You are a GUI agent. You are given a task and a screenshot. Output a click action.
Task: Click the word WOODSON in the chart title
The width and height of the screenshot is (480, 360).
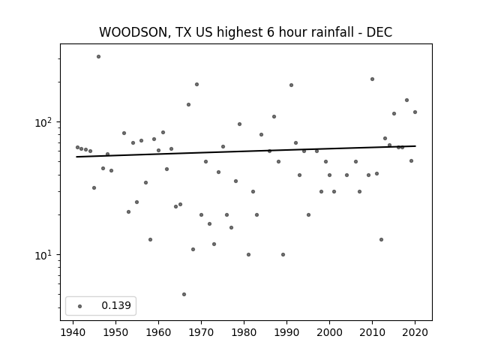point(133,32)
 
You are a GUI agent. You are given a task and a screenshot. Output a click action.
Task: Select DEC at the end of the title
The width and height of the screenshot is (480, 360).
point(379,32)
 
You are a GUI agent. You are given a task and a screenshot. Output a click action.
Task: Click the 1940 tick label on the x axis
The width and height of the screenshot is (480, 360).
point(73,332)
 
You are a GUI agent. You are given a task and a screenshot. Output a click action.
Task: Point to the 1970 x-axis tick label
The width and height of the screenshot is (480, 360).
point(201,332)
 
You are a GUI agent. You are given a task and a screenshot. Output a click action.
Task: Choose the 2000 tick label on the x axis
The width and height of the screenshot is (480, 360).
point(329,332)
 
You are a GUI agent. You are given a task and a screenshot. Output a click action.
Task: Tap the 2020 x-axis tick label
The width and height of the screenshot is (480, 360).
point(415,332)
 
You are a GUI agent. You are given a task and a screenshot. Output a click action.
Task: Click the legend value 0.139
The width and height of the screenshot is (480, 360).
point(116,305)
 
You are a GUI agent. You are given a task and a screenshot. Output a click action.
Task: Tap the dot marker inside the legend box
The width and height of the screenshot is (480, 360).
point(80,306)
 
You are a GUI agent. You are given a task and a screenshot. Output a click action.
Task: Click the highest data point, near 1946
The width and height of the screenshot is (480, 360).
point(98,57)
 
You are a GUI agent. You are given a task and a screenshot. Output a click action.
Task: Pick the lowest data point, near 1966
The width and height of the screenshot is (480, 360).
point(184,295)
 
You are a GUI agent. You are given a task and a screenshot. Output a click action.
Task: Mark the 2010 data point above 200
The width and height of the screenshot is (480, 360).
point(372,79)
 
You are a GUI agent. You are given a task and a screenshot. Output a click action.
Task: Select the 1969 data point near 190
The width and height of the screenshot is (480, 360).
point(196,85)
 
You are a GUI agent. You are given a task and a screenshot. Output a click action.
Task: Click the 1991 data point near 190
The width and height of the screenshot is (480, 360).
point(291,85)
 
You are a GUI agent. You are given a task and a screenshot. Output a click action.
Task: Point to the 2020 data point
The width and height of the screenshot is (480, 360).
point(415,112)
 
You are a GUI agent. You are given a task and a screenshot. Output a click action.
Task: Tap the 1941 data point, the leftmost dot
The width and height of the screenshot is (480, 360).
point(77,147)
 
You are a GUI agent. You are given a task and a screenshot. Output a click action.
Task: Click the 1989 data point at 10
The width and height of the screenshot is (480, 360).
point(283,255)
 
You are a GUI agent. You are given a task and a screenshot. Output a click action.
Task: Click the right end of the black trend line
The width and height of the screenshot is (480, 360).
point(415,146)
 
